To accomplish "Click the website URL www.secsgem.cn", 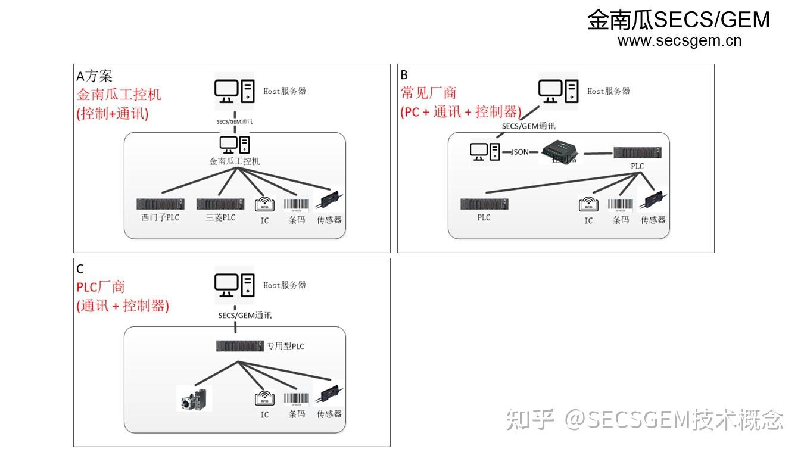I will [x=679, y=41].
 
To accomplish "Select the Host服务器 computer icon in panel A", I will [x=234, y=91].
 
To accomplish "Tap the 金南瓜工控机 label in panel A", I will [x=235, y=161].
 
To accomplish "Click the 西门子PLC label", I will [x=160, y=217].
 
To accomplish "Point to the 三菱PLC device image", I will [x=220, y=204].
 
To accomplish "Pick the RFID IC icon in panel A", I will [x=264, y=204].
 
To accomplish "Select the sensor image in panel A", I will [x=329, y=201].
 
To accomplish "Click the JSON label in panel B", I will [x=519, y=152].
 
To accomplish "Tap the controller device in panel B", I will [x=560, y=151].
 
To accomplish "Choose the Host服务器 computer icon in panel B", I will [x=558, y=91].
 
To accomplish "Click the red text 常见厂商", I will [x=428, y=93].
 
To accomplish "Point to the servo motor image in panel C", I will [x=194, y=398].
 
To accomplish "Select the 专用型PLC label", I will [x=285, y=346].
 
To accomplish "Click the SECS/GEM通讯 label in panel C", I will [x=245, y=315].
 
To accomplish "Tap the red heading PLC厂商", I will [x=101, y=287].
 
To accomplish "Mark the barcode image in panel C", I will [x=297, y=398].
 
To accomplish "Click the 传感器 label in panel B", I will [x=653, y=220].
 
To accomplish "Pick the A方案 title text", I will [x=94, y=76].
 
